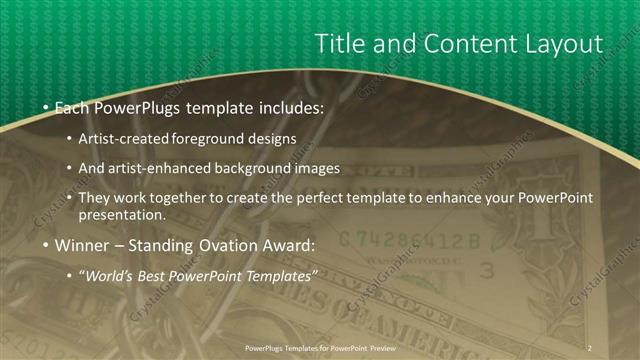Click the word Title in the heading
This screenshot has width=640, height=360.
click(x=339, y=44)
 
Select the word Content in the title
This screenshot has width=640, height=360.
click(x=454, y=44)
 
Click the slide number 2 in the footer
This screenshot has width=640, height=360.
click(x=590, y=347)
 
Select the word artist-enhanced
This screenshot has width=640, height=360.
click(x=169, y=168)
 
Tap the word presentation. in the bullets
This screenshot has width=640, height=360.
click(x=128, y=214)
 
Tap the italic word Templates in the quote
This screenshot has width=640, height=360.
click(x=280, y=275)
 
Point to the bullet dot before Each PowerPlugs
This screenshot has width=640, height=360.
click(x=47, y=106)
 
